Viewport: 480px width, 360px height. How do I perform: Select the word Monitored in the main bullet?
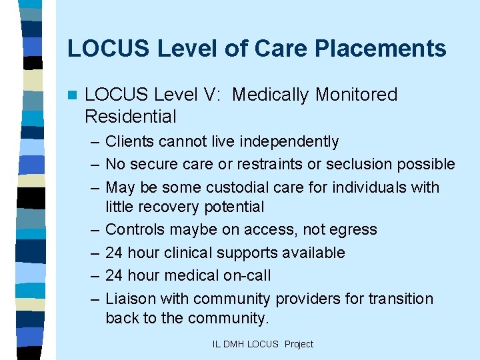(x=357, y=95)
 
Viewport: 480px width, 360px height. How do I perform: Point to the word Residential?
(x=131, y=117)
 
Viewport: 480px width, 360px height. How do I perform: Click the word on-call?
(x=247, y=275)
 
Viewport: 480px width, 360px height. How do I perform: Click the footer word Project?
(x=299, y=344)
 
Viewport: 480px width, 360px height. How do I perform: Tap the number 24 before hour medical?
(x=115, y=275)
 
